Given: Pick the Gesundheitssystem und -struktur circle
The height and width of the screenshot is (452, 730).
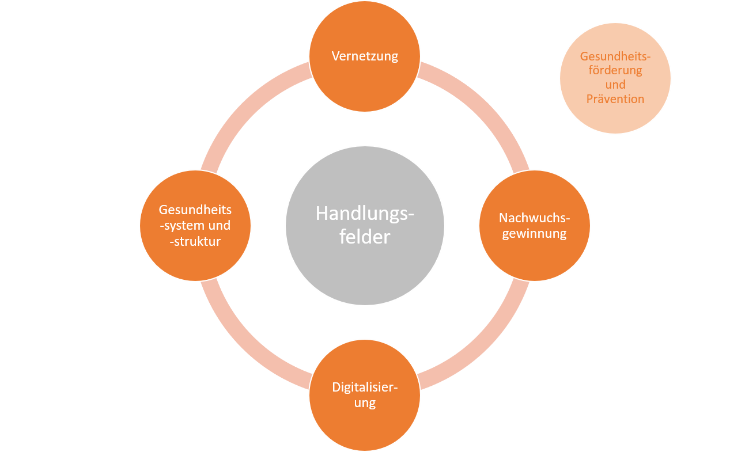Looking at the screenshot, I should [195, 259].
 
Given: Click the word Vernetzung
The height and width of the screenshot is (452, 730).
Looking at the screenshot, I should [365, 56].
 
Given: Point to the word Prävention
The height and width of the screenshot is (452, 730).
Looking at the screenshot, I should [615, 99].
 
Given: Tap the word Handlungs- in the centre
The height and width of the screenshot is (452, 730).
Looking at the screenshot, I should [365, 214].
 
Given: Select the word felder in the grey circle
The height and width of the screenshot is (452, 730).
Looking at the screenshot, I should [365, 237].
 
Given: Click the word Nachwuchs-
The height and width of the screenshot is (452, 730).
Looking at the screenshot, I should [534, 218].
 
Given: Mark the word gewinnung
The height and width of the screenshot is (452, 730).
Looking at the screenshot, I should [534, 234].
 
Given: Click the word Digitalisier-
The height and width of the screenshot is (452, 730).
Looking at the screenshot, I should [365, 387].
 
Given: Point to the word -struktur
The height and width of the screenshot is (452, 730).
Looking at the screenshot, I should [195, 241].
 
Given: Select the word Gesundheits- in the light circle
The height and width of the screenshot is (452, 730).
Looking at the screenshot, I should [615, 56].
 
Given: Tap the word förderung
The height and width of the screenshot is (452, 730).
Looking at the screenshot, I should [615, 70].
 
